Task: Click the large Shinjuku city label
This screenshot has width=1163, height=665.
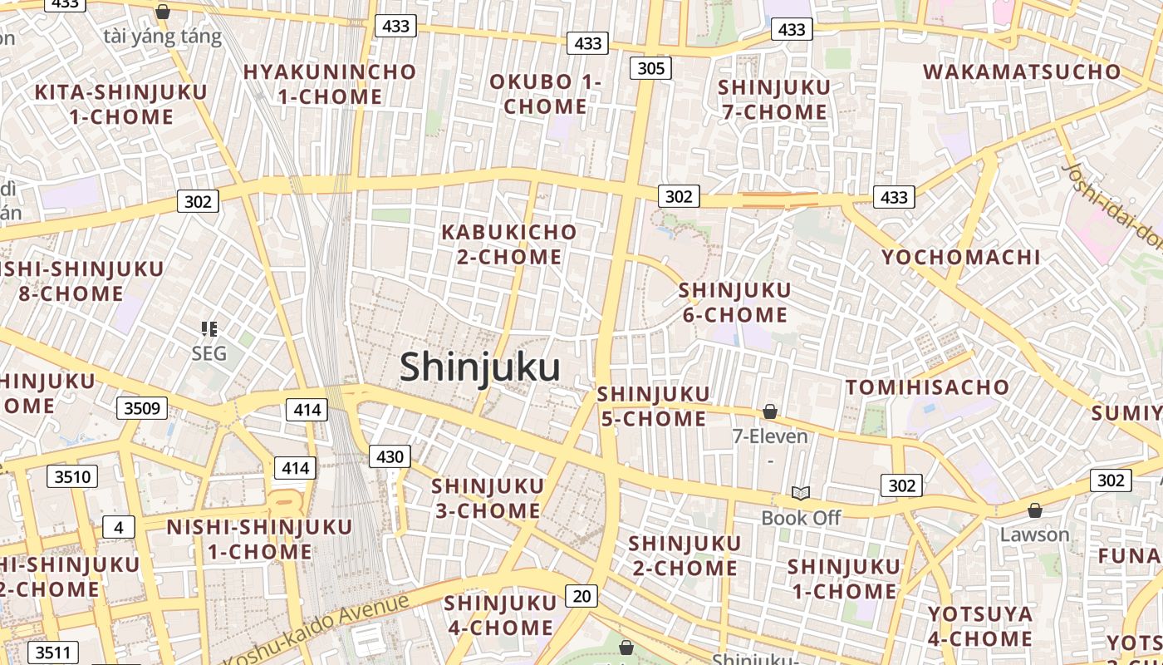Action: (480, 367)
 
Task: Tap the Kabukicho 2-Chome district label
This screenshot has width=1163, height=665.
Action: (508, 244)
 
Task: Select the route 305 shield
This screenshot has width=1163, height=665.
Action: (650, 68)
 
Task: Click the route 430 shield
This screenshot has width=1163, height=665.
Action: (390, 456)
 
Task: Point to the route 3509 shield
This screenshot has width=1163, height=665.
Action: (142, 408)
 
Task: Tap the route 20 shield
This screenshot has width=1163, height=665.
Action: (581, 595)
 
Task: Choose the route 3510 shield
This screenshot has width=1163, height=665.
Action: (73, 476)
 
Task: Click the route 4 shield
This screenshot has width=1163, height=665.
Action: (119, 527)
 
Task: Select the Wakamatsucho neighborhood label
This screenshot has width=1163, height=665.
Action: (1022, 71)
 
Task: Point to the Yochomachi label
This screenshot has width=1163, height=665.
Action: (960, 257)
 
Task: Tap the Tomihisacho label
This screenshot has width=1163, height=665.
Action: (927, 387)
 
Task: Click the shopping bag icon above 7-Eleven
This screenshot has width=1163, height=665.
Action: (770, 411)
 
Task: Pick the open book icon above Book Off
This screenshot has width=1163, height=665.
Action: (801, 494)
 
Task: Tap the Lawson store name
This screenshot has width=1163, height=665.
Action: (1034, 534)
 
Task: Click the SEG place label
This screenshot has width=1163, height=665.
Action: (209, 353)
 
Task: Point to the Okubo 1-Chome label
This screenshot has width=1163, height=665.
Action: (545, 94)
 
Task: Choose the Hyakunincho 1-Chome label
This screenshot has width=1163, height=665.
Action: (329, 84)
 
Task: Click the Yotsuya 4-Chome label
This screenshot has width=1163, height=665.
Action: (980, 627)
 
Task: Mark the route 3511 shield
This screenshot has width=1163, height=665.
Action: (52, 653)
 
